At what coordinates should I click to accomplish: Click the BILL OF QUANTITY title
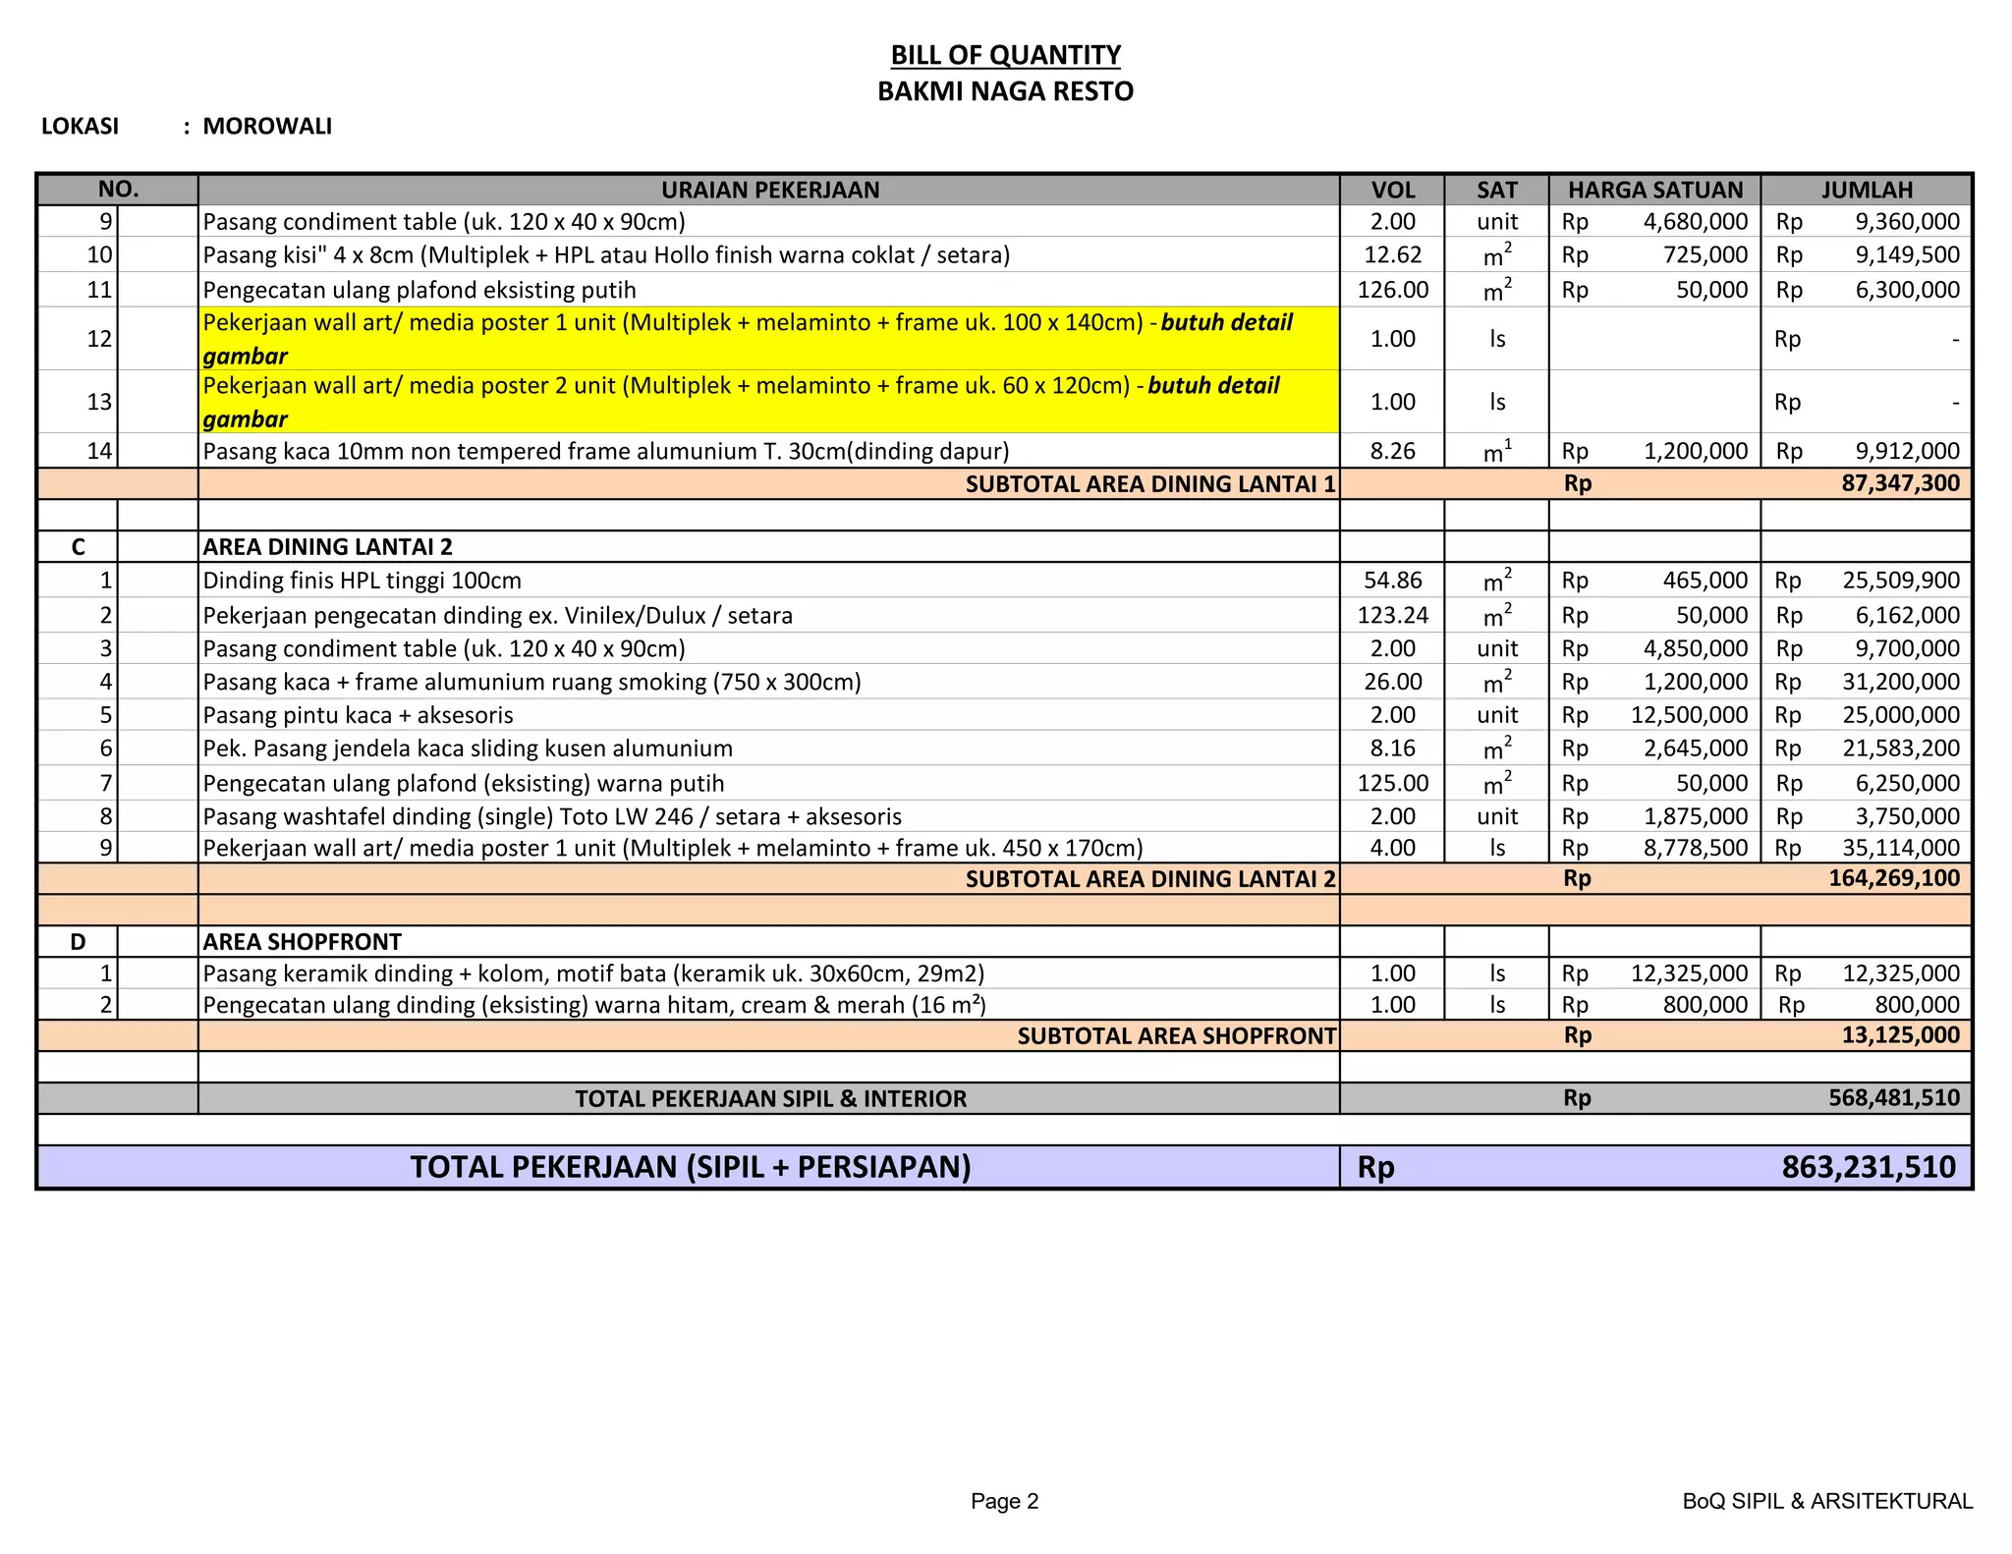[x=1005, y=55]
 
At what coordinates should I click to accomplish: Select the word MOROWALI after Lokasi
[x=267, y=127]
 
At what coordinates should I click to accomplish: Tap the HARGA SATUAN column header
[x=1654, y=190]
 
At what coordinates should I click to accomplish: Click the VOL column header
[x=1392, y=190]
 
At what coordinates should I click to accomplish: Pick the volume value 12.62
[x=1392, y=255]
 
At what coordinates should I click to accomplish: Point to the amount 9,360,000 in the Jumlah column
[x=1906, y=222]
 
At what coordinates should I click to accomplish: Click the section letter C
[x=78, y=547]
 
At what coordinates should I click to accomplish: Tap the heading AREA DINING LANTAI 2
[x=327, y=547]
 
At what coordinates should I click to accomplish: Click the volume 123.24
[x=1392, y=616]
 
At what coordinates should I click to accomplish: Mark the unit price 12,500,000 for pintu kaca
[x=1689, y=715]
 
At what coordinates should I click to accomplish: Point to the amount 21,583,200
[x=1900, y=749]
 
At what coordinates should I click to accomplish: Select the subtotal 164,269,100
[x=1893, y=878]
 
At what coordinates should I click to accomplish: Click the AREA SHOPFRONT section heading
[x=302, y=942]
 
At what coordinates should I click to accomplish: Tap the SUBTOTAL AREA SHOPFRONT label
[x=1176, y=1036]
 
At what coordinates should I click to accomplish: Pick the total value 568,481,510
[x=1893, y=1098]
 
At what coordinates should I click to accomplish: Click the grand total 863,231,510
[x=1868, y=1167]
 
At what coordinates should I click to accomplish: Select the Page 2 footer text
[x=1004, y=1501]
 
